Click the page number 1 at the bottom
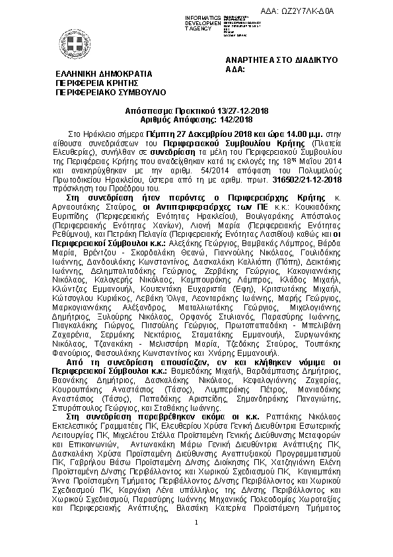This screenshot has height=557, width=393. point(197,523)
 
